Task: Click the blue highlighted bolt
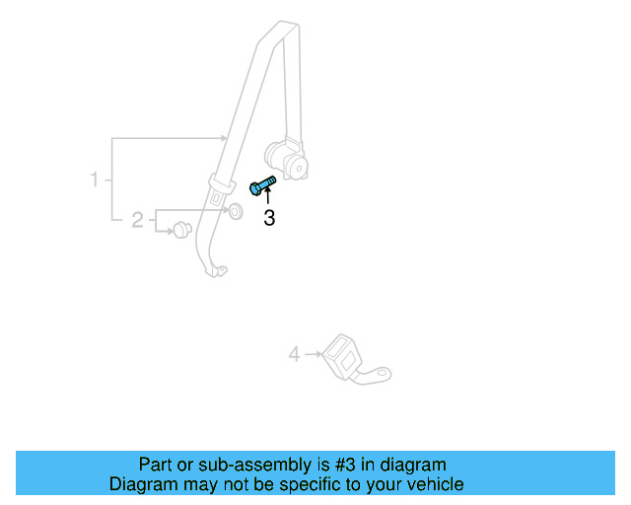(262, 184)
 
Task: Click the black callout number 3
(268, 218)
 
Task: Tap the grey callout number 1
(95, 180)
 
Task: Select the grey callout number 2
(138, 219)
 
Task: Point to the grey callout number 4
(294, 353)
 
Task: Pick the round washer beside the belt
(236, 211)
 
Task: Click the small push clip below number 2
(180, 231)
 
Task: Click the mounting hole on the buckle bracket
(383, 373)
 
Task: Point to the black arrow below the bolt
(267, 197)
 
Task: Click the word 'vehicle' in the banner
(432, 484)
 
